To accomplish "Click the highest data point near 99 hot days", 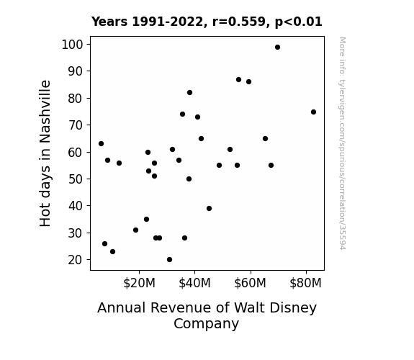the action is [277, 48].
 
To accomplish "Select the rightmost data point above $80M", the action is [313, 112].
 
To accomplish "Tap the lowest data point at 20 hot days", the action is [169, 260].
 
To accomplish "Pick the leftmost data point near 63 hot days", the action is [101, 144].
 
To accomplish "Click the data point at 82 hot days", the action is [189, 92].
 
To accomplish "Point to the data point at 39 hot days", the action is [209, 208].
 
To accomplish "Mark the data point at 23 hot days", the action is [113, 252].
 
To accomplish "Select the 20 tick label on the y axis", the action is [76, 260].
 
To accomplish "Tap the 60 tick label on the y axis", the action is [76, 153].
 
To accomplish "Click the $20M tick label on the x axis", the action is [139, 283].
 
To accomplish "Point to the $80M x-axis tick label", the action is [305, 283].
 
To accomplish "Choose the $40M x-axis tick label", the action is [194, 283].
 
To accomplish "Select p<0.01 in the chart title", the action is [298, 22].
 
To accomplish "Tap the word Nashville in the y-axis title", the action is [45, 112].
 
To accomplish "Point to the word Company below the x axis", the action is [206, 324].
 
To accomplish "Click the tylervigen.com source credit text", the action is [342, 143].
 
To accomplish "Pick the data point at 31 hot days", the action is [135, 230].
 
